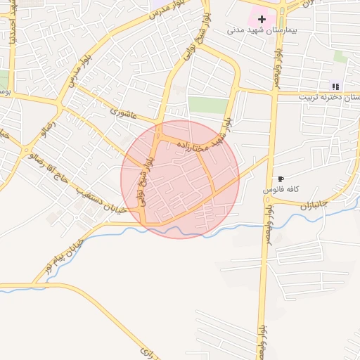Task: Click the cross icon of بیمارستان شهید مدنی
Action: tap(262, 19)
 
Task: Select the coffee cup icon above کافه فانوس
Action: tap(281, 179)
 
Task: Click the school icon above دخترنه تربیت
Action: tap(335, 86)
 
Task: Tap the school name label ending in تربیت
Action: tap(330, 97)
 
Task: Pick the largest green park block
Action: tap(208, 105)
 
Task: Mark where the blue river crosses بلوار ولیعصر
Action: tap(265, 224)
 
